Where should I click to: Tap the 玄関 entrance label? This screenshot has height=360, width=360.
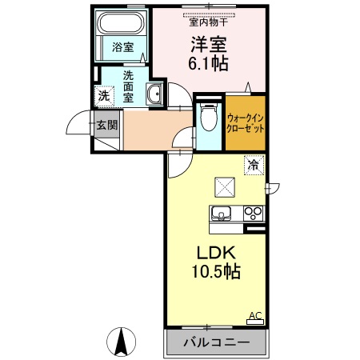[x=106, y=125]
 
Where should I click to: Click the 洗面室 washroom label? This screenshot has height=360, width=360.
[x=129, y=86]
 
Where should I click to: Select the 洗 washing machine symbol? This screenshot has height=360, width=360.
[x=103, y=95]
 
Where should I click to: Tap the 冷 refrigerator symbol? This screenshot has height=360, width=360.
[x=253, y=166]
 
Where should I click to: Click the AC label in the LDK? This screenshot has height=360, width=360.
[x=255, y=315]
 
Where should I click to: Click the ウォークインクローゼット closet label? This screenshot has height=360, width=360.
[x=245, y=123]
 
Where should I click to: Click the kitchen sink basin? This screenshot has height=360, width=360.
[x=221, y=213]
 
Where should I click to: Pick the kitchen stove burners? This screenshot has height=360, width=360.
[x=254, y=213]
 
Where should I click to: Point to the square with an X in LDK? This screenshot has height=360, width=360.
[x=224, y=186]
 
